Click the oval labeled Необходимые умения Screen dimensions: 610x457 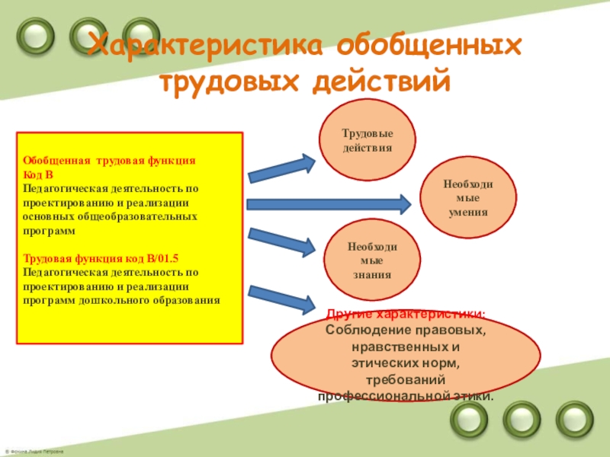point(467,198)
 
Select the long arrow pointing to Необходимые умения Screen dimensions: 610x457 point(328,203)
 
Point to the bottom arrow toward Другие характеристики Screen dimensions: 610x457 point(281,298)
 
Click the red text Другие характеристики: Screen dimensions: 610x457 point(405,314)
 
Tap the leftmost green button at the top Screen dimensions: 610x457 point(34,32)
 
